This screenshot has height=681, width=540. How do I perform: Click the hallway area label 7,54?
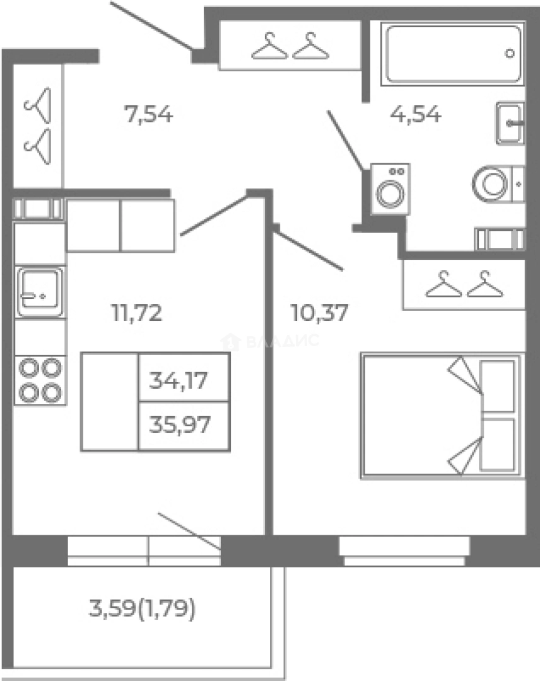(x=149, y=115)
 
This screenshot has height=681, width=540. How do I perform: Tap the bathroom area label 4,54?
(x=416, y=114)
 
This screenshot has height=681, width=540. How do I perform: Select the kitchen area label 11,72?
(x=137, y=313)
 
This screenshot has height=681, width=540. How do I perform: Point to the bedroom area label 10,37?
(x=320, y=313)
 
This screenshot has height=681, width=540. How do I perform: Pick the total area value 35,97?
(x=180, y=425)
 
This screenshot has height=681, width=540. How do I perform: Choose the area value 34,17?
(x=178, y=380)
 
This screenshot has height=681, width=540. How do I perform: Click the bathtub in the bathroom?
(x=453, y=54)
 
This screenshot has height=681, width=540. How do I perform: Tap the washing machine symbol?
(x=390, y=189)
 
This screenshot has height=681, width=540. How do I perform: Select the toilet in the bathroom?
(x=498, y=184)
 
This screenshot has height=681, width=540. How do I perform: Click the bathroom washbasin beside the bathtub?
(x=510, y=124)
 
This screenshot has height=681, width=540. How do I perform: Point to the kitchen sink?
(x=40, y=292)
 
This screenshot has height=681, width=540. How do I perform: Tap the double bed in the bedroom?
(x=442, y=416)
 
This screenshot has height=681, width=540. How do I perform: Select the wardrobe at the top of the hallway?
(x=290, y=45)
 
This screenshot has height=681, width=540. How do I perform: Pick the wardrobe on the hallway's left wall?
(x=38, y=126)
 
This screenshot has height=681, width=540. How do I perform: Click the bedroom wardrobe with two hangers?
(x=464, y=284)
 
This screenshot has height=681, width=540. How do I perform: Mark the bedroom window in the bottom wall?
(x=404, y=551)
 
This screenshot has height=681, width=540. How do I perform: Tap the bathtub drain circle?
(x=510, y=54)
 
